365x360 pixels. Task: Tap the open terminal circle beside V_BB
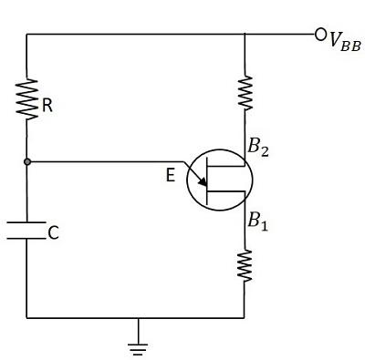[320, 35]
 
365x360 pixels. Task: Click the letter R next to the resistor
[47, 106]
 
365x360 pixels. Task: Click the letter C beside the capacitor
[53, 234]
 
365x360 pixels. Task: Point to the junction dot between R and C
[27, 162]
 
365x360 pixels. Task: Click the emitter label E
[171, 179]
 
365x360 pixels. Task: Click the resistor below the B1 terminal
[245, 265]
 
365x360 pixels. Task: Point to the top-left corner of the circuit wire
[27, 35]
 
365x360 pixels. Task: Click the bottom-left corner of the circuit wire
[27, 318]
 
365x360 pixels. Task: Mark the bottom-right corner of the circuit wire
[245, 318]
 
